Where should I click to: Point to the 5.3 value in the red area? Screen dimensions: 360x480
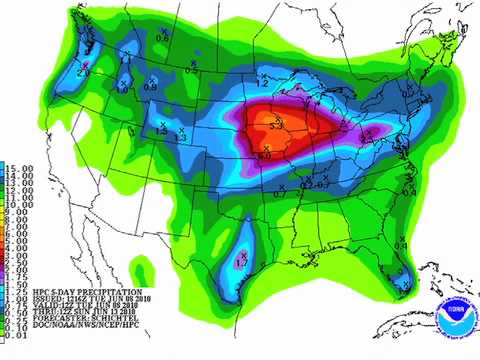(x=275, y=124)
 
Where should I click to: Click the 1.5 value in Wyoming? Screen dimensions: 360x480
(x=161, y=132)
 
